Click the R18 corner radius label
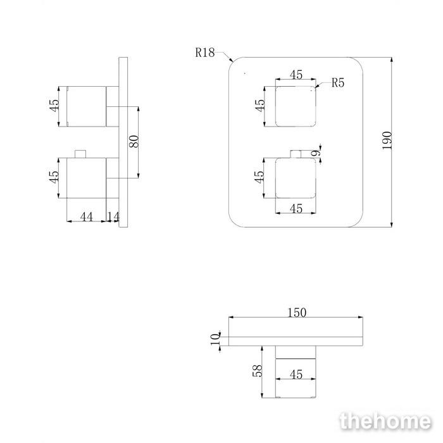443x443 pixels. click(205, 53)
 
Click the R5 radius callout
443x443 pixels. click(338, 83)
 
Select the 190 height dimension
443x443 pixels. click(387, 140)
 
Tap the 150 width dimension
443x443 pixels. click(297, 313)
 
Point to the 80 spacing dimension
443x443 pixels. click(134, 141)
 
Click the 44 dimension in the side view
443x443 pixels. click(87, 217)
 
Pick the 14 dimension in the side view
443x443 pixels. click(113, 216)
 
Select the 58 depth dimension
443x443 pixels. click(258, 371)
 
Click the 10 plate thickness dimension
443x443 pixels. click(215, 339)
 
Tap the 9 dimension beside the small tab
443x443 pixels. click(317, 153)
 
